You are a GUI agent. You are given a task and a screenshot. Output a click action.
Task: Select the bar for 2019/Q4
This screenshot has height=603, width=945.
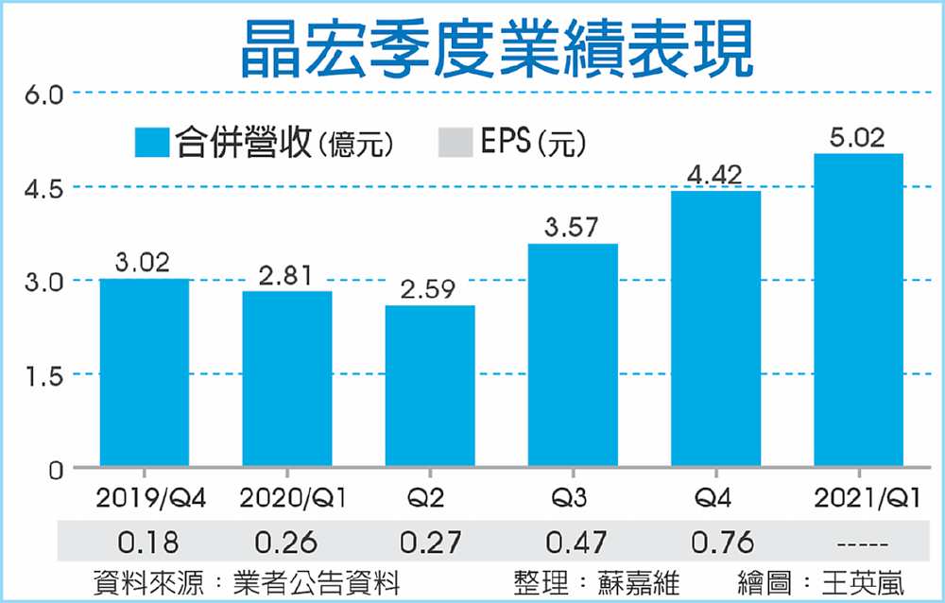coord(144,373)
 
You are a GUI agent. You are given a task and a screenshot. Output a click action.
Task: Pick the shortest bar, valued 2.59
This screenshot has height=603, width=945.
coord(430,386)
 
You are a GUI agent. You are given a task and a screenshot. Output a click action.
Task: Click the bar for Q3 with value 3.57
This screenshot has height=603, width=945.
coord(573,355)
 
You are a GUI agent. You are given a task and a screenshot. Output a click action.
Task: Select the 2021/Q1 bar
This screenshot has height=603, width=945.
coord(858,310)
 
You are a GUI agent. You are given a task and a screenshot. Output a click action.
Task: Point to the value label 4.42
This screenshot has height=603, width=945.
coord(715,175)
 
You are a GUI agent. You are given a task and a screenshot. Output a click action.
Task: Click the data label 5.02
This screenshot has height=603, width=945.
coord(858,139)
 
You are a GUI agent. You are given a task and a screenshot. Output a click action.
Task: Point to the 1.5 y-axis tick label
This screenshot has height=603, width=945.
coord(42,375)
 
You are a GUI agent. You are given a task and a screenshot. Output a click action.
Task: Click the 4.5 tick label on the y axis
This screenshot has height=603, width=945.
coord(42,187)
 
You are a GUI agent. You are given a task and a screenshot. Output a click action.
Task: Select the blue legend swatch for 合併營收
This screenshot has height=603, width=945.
coord(150,143)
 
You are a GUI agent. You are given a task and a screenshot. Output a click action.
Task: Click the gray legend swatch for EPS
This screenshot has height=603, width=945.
coord(455,143)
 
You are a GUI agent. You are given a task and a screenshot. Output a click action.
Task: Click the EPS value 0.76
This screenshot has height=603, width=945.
coord(715,543)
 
